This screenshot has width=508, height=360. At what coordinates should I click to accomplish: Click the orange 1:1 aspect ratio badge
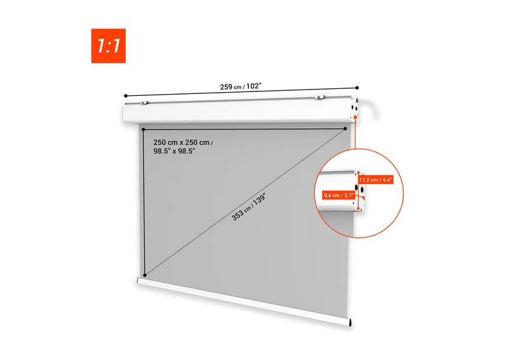[x=108, y=46]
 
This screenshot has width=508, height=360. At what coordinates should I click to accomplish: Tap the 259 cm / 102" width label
[x=241, y=86]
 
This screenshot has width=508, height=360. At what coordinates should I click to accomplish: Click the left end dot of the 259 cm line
[x=126, y=96]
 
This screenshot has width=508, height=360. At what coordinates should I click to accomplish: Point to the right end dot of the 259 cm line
[x=357, y=88]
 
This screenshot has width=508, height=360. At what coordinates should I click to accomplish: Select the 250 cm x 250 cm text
[x=182, y=143]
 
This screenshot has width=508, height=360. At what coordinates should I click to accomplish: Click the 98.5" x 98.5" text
[x=174, y=151]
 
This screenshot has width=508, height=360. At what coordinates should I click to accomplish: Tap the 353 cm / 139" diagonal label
[x=249, y=208]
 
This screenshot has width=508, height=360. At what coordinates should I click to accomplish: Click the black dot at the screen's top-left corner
[x=144, y=130]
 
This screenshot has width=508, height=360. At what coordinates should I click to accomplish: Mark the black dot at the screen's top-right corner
[x=345, y=129]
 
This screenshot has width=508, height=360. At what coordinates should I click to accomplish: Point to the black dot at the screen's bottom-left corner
[x=145, y=275]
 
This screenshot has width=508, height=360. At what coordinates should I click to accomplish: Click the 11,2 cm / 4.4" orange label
[x=376, y=180]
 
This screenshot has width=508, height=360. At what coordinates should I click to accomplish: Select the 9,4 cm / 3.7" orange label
[x=338, y=196]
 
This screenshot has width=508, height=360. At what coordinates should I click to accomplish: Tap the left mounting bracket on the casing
[x=144, y=103]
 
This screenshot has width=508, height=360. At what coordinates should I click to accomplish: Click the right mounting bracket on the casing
[x=319, y=97]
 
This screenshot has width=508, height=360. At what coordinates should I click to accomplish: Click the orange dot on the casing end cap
[x=356, y=117]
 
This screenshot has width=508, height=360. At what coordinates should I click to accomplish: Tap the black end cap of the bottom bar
[x=350, y=323]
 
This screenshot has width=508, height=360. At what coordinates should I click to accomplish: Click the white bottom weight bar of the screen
[x=244, y=301]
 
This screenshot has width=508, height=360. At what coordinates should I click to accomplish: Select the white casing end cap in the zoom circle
[x=360, y=191]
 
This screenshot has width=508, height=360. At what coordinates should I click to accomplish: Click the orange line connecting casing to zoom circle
[x=356, y=134]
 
